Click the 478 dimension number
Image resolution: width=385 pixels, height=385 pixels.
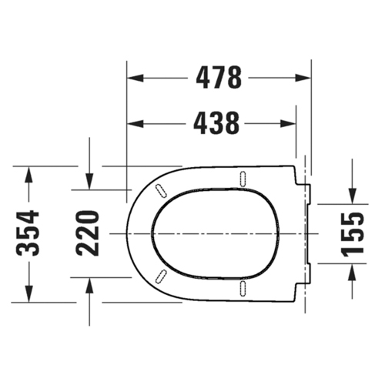coord(219,78)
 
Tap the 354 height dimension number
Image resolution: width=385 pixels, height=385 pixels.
coord(28,233)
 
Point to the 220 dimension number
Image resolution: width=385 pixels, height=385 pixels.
coord(89,233)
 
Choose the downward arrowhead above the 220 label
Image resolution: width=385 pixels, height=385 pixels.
coord(89,182)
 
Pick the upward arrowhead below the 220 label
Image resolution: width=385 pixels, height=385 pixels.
coord(89,285)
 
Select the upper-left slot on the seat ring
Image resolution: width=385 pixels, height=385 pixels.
coord(162,188)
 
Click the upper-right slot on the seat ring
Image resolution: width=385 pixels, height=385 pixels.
coord(243,177)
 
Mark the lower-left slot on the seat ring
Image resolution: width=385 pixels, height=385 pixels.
coord(162,277)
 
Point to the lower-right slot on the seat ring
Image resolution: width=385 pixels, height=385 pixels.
coord(243,288)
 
